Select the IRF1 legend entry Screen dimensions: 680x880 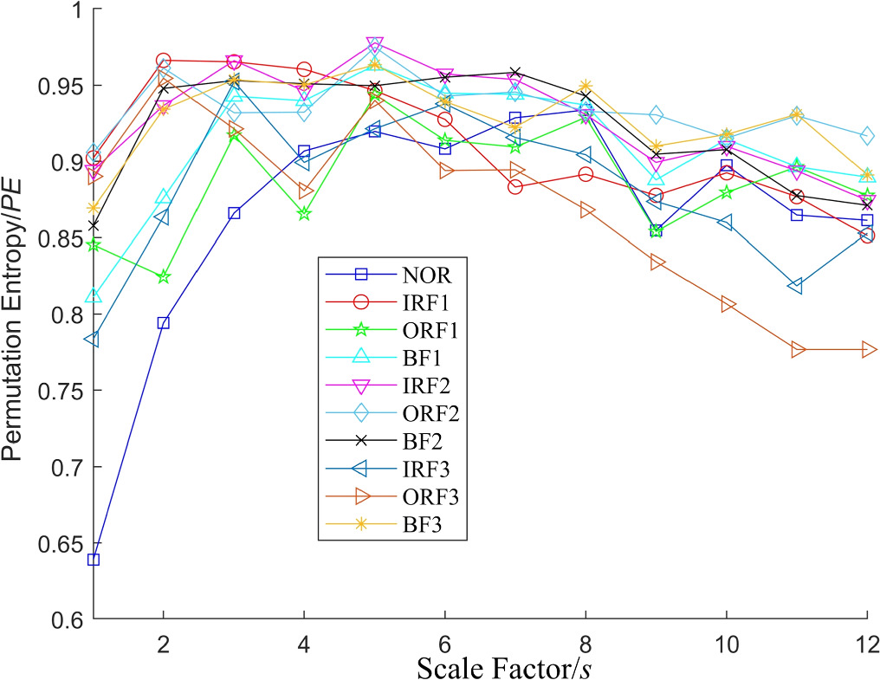(x=424, y=302)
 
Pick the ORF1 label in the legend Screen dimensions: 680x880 (x=428, y=330)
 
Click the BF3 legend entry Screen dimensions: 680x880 (x=420, y=524)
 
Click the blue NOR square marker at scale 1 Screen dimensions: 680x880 (x=94, y=560)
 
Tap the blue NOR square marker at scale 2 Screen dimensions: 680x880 (x=164, y=323)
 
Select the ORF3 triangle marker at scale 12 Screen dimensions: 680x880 (x=868, y=349)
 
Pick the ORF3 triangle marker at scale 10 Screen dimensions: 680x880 (x=728, y=304)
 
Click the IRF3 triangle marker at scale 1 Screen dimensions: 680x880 (x=92, y=340)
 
